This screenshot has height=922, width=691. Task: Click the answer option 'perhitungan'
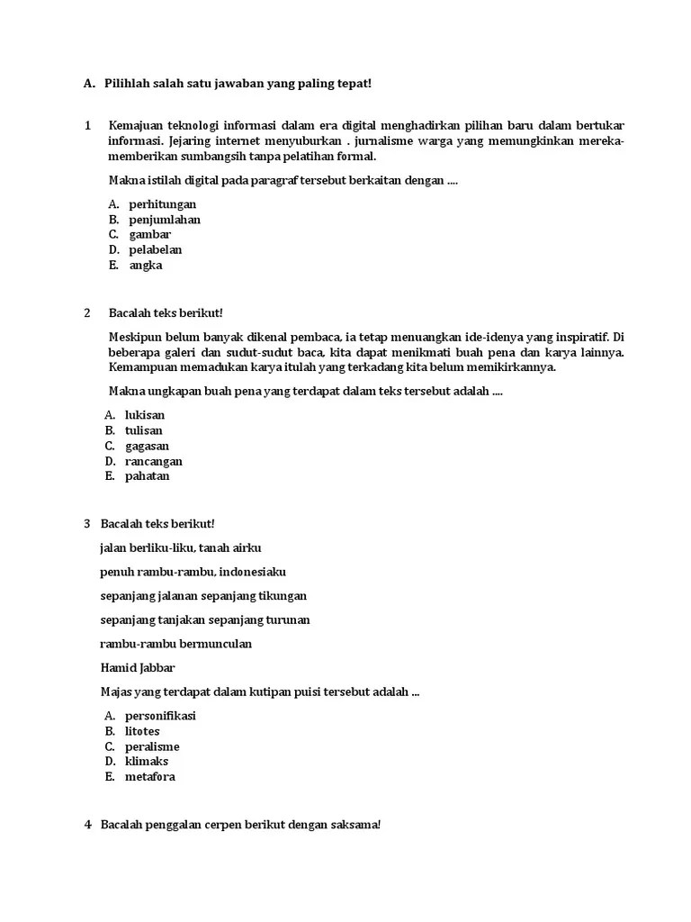(x=162, y=204)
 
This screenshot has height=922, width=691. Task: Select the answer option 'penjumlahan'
(x=165, y=220)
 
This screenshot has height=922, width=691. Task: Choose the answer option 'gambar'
(x=149, y=235)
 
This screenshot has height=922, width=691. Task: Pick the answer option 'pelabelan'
(x=156, y=250)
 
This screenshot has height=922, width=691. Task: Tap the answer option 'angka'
(x=145, y=266)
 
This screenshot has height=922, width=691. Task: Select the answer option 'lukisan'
(x=145, y=416)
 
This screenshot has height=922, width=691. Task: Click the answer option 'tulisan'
(x=144, y=431)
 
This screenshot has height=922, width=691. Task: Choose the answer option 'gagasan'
(x=147, y=447)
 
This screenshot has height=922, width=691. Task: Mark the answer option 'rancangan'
(x=153, y=462)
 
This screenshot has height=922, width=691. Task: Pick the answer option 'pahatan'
(x=147, y=476)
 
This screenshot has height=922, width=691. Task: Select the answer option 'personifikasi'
(x=160, y=717)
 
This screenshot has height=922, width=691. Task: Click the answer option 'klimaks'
(x=147, y=762)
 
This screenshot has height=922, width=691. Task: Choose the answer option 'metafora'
(x=149, y=777)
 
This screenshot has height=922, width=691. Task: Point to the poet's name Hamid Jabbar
(x=138, y=668)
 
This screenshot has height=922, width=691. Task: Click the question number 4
(x=88, y=825)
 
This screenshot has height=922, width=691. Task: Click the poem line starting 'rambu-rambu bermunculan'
(x=175, y=644)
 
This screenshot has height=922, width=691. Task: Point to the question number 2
(x=88, y=313)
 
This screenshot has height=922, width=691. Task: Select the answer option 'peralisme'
(x=152, y=747)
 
